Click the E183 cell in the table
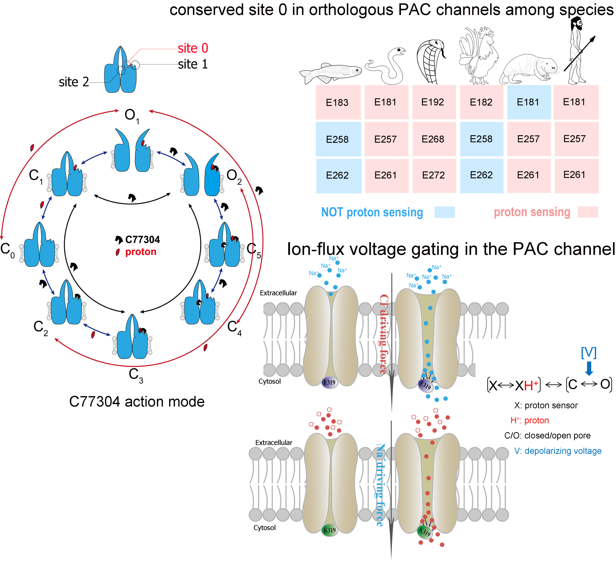(x=338, y=102)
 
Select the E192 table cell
(x=433, y=102)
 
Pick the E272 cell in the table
(x=434, y=175)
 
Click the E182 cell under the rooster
(x=482, y=102)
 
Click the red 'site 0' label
(x=193, y=48)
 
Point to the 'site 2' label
(x=74, y=82)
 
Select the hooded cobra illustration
(x=431, y=61)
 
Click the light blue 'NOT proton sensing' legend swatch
(x=445, y=212)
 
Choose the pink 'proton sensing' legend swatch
(x=588, y=212)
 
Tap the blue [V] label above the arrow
(x=589, y=353)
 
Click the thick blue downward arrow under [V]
(x=589, y=368)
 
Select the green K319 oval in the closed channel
(x=329, y=530)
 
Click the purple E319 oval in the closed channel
(x=329, y=383)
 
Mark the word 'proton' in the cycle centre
(x=141, y=252)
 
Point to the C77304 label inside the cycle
(x=142, y=239)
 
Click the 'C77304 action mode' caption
(x=137, y=402)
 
